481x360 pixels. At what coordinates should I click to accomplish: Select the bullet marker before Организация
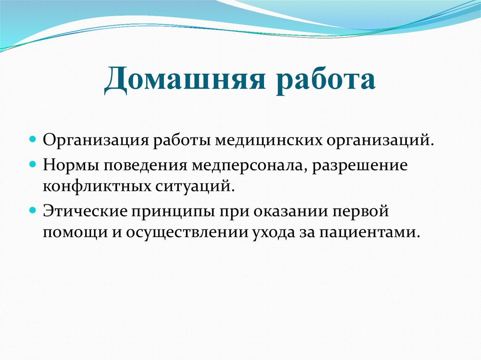pos(33,140)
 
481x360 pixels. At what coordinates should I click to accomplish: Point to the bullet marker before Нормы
pos(33,165)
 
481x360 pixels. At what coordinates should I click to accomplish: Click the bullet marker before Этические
pos(33,210)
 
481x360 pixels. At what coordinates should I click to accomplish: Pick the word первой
pos(363,211)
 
